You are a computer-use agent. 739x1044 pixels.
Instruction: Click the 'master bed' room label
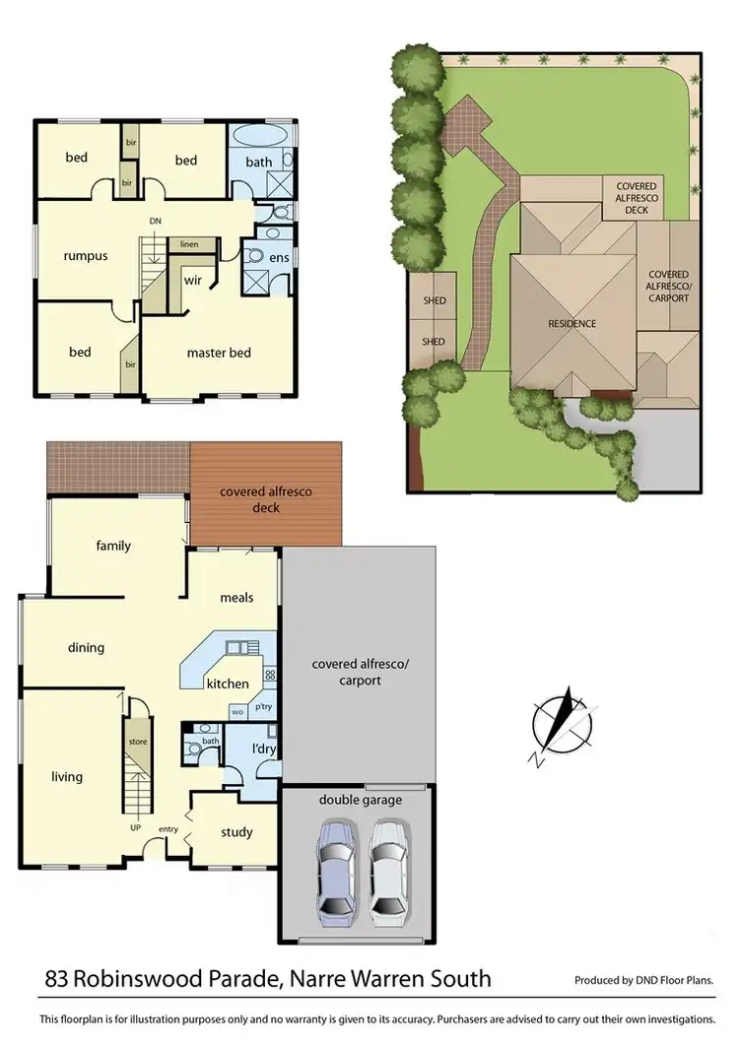(x=219, y=353)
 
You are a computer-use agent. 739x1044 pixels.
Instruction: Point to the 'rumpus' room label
(x=85, y=256)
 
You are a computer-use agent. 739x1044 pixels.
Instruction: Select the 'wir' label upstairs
(x=193, y=280)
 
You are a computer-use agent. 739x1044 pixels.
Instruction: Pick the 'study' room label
(x=236, y=832)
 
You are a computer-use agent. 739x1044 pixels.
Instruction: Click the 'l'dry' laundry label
(x=263, y=750)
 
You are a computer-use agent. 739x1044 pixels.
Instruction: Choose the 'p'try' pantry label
(x=263, y=707)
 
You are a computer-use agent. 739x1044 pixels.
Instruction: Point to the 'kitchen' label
(x=227, y=684)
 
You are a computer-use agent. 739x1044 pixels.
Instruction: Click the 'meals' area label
(x=237, y=597)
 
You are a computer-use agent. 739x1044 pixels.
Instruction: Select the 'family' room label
(x=113, y=546)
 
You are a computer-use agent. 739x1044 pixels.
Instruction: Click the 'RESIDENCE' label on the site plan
(x=572, y=323)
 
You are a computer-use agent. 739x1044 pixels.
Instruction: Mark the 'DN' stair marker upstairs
(x=155, y=221)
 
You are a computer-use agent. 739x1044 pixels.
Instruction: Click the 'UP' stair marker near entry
(x=136, y=827)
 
